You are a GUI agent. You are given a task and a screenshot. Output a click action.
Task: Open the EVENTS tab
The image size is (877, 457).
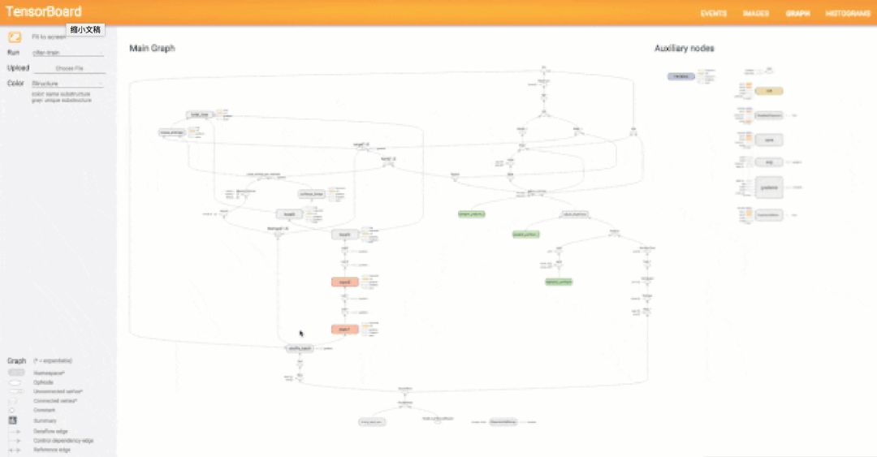pos(714,14)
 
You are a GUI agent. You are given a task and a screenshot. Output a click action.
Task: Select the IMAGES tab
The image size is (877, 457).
pos(756,14)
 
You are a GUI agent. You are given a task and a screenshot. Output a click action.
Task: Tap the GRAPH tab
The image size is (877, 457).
pos(797,14)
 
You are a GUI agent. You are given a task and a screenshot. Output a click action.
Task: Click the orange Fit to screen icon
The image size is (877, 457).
pos(15,37)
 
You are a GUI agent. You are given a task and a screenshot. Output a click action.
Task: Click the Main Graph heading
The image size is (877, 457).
pos(152,49)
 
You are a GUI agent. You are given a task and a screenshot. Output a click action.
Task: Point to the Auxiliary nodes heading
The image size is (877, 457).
pos(685,49)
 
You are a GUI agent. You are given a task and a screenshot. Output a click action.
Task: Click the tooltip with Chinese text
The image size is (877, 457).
pos(85,30)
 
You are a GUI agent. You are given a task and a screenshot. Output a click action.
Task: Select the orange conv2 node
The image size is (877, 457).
pos(345,282)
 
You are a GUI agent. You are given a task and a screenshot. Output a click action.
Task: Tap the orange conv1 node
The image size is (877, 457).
pos(345,330)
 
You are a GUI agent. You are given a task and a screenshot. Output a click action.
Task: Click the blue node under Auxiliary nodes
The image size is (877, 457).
pos(680,76)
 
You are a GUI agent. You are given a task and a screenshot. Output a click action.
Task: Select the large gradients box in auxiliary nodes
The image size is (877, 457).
pos(768,188)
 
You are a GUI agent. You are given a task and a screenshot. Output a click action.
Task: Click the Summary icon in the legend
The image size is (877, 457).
pos(13,420)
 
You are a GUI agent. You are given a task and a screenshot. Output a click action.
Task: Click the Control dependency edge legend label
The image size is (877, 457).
pos(63,441)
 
